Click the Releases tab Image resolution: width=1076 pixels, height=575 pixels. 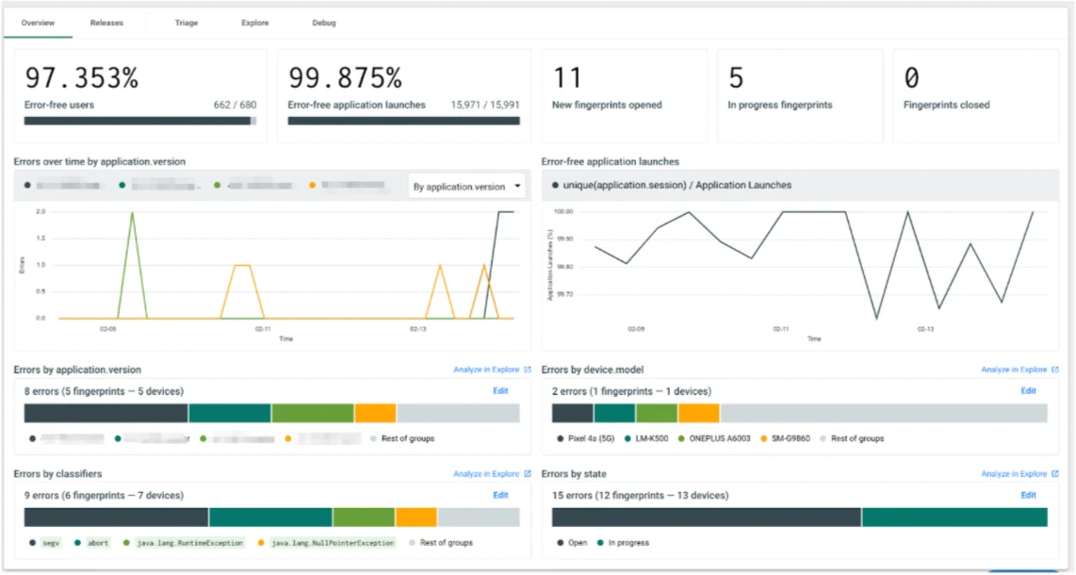106,23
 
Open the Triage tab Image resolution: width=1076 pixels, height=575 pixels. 187,23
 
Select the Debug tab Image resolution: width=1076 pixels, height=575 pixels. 324,23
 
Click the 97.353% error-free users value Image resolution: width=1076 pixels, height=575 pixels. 81,78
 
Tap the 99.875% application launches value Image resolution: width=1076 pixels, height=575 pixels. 345,78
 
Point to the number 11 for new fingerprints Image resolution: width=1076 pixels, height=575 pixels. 567,78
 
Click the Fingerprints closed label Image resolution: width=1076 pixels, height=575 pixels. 946,106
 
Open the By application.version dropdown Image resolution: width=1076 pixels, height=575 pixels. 466,187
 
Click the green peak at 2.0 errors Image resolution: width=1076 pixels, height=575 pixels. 132,213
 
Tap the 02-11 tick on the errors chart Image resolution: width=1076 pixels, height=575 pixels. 263,330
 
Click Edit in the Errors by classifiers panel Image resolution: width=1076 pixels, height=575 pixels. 500,495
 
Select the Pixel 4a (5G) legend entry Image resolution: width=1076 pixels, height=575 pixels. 594,438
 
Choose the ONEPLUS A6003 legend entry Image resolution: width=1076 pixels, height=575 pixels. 721,438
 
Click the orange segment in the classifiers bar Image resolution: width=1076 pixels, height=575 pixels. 416,517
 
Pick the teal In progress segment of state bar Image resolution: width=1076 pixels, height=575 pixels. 954,517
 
